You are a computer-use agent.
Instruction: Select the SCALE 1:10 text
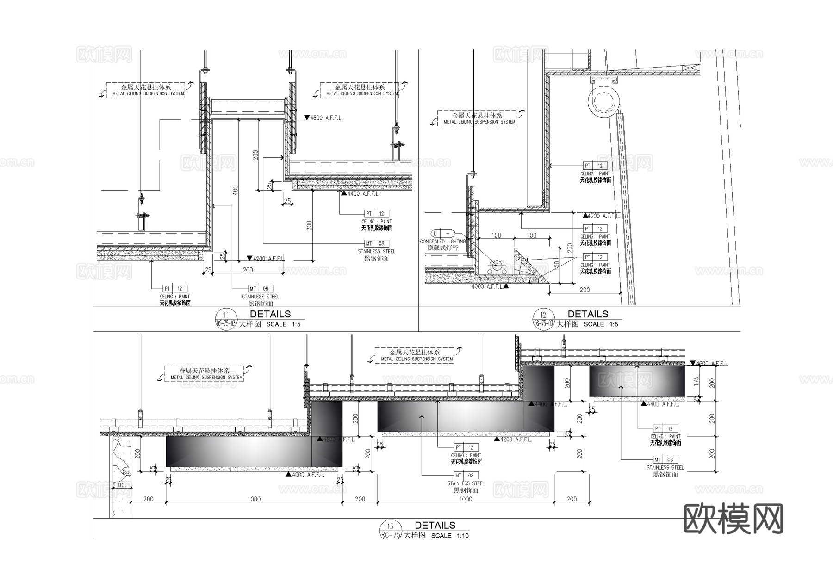click(x=450, y=536)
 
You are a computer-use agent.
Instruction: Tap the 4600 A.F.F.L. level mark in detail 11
click(x=324, y=118)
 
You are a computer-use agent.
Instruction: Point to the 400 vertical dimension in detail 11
click(x=235, y=190)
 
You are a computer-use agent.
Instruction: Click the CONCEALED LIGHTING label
click(x=442, y=241)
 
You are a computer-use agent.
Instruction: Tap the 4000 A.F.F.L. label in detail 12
click(x=487, y=287)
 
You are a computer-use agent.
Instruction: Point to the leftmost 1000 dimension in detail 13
click(x=254, y=499)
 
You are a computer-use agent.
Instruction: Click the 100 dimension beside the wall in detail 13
click(x=121, y=485)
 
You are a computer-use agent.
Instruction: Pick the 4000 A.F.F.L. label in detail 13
click(x=308, y=475)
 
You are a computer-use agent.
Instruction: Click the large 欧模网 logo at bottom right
click(x=734, y=519)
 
